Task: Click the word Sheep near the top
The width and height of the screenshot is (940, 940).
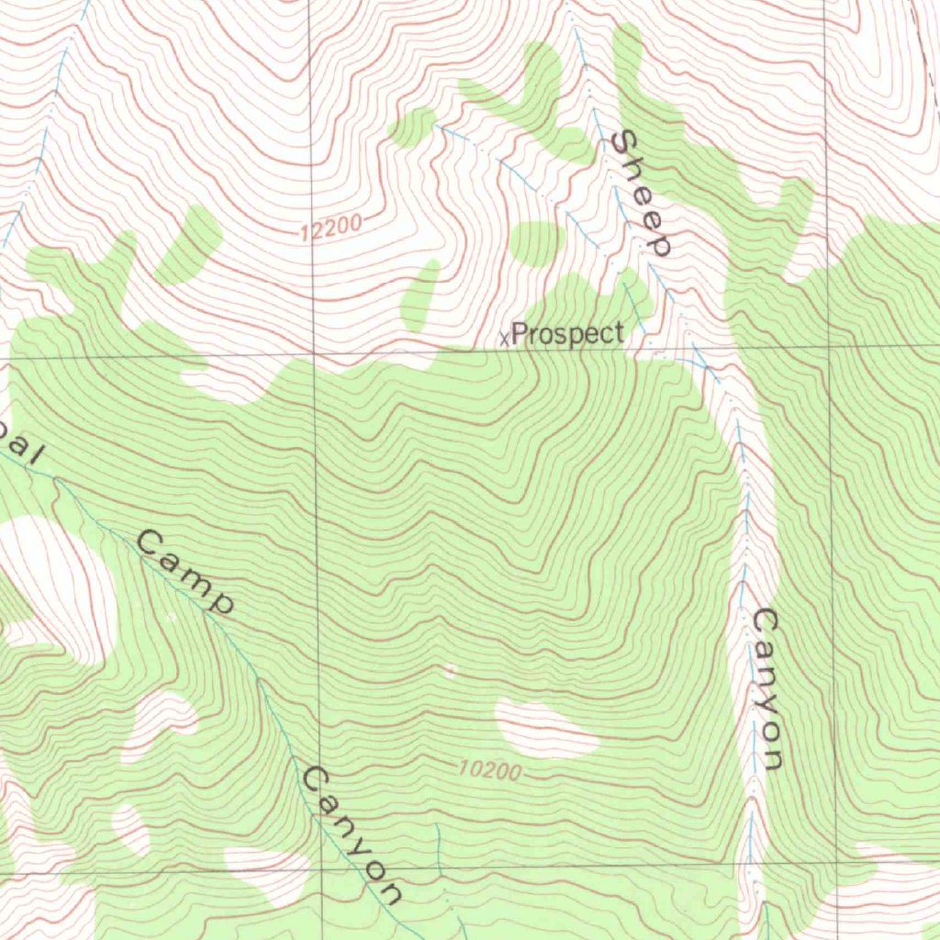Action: [x=643, y=193]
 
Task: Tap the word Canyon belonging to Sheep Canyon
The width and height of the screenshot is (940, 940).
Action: [x=766, y=688]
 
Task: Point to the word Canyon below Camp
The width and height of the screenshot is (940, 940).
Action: [x=352, y=835]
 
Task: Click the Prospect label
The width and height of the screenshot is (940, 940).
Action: [x=567, y=334]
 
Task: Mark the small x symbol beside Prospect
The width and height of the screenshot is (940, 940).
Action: [x=504, y=339]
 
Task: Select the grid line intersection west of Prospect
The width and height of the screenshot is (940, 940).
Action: [x=314, y=352]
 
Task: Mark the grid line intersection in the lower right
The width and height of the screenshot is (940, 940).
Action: [x=836, y=863]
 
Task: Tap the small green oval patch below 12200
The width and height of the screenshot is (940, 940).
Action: [x=420, y=296]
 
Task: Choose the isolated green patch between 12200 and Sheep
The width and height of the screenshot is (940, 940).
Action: [x=536, y=243]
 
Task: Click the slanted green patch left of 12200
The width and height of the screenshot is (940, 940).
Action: [x=188, y=245]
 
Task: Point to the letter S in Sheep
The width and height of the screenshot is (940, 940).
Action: [x=624, y=145]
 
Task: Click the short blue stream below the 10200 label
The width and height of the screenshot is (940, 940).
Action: [x=438, y=849]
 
